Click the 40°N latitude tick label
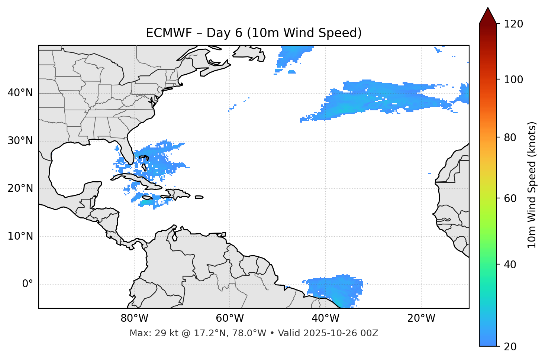click(x=20, y=93)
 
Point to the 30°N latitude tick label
click(x=20, y=141)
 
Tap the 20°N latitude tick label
click(x=20, y=188)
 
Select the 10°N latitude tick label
click(x=20, y=236)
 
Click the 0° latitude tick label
click(x=28, y=284)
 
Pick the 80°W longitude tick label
click(x=134, y=318)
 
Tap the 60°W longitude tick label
click(x=230, y=318)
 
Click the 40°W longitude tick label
click(x=325, y=318)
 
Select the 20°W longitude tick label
click(x=421, y=318)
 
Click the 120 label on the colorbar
click(x=513, y=24)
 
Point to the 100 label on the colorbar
click(x=513, y=80)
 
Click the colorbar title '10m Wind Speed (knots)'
click(x=532, y=185)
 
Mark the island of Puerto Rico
click(x=199, y=197)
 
